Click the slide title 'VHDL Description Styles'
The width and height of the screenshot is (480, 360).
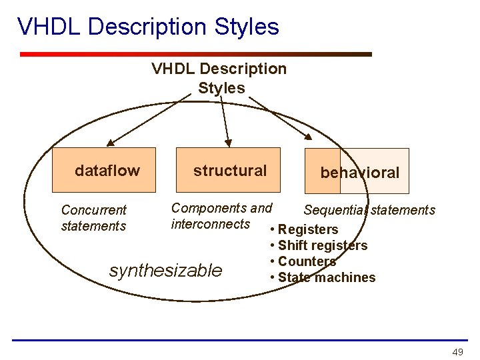click(x=148, y=27)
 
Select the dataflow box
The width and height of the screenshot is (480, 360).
click(x=104, y=170)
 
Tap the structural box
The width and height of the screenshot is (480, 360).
click(x=228, y=170)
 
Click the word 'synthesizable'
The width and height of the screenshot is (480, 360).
click(x=165, y=270)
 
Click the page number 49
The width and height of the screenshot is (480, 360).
click(x=457, y=352)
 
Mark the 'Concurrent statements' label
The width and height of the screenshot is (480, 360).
click(x=93, y=218)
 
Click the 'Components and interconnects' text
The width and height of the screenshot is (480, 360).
click(x=221, y=216)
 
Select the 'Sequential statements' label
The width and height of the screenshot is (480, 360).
click(x=369, y=210)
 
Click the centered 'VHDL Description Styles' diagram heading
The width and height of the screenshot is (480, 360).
click(x=219, y=78)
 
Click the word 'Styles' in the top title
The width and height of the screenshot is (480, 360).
click(x=247, y=27)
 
